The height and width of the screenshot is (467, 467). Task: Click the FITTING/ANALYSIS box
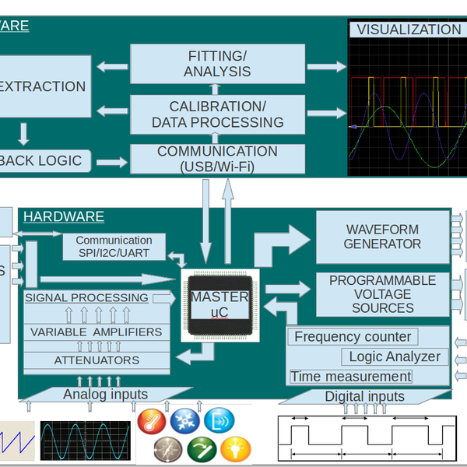(x=217, y=65)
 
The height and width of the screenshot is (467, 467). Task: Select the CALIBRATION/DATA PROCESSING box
(x=217, y=114)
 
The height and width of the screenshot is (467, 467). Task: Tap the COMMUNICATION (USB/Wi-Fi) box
(x=217, y=159)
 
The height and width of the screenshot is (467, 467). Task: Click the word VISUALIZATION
(x=409, y=30)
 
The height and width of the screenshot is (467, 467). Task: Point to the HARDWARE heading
(x=63, y=216)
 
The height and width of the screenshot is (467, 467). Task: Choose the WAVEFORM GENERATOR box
(x=383, y=237)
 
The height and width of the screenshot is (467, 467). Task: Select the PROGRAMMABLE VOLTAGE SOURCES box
(x=383, y=294)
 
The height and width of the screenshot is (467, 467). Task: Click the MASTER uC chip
(x=219, y=305)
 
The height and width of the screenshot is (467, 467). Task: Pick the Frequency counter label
(x=353, y=337)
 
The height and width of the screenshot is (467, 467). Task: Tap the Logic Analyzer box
(x=395, y=356)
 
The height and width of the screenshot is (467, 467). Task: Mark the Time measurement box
(x=350, y=377)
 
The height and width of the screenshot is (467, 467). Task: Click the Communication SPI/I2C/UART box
(x=114, y=247)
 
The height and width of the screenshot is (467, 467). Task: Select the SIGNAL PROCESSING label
(x=86, y=297)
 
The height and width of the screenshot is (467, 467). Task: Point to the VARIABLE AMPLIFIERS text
(x=97, y=332)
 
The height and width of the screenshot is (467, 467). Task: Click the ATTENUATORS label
(x=97, y=360)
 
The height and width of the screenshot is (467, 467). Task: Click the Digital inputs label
(x=364, y=396)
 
